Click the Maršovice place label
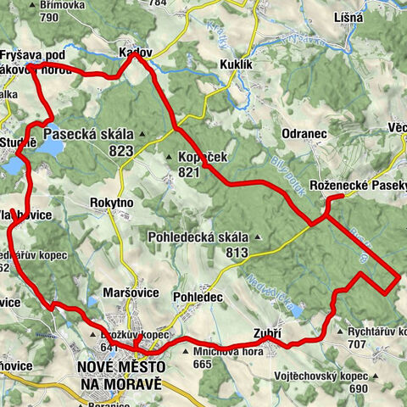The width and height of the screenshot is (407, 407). click(x=126, y=293)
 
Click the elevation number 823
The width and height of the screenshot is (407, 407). click(x=121, y=150)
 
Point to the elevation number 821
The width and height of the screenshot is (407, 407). click(x=189, y=172)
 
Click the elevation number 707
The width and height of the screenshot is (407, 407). click(x=359, y=345)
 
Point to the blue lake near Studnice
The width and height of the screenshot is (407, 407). click(x=48, y=147)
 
